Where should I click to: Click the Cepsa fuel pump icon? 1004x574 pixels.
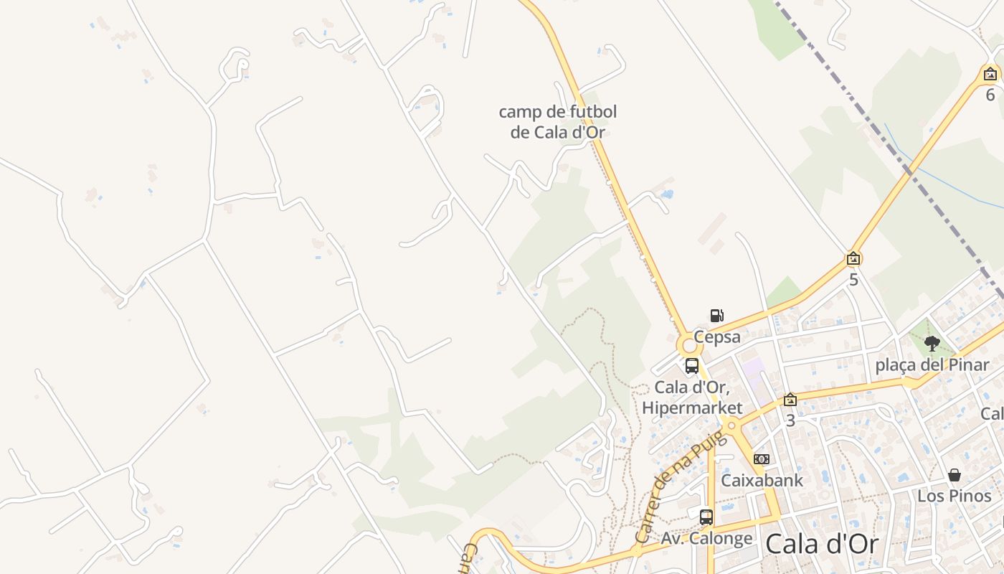coord(716,315)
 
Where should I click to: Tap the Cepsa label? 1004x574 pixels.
coord(716,337)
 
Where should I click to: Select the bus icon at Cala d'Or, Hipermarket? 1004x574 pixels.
coord(692,366)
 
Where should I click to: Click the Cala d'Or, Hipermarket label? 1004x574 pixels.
coord(692,397)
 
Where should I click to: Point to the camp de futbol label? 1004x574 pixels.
coord(557,122)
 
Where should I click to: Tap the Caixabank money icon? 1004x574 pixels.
coord(762,459)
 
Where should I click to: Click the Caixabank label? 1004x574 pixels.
coord(762,480)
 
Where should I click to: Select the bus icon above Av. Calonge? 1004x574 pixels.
coord(706,517)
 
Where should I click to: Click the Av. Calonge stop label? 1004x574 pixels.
coord(706,538)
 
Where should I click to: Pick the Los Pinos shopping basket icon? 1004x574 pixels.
coord(954,475)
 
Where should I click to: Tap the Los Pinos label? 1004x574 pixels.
coord(954,496)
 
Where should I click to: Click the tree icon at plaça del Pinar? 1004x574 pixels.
coord(932,344)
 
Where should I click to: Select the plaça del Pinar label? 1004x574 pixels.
coord(932,364)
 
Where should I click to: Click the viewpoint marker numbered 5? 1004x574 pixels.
coord(853,258)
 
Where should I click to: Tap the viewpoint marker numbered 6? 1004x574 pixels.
coord(990,73)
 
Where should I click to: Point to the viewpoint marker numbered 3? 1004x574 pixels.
coord(790,400)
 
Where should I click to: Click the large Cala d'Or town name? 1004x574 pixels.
coord(821,544)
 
